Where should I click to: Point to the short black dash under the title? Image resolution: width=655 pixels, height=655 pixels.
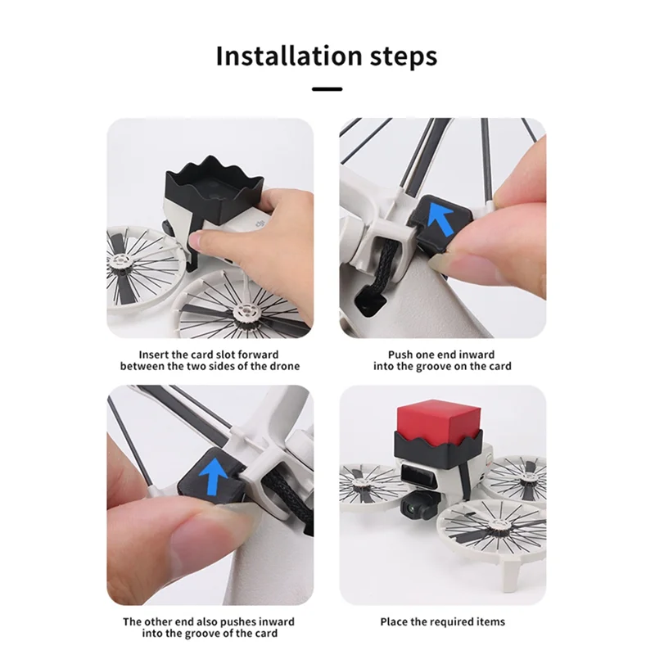click(327, 88)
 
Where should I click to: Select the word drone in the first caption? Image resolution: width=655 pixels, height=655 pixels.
click(283, 366)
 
